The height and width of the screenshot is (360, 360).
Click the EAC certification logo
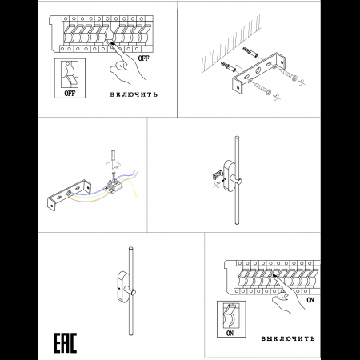(66, 343)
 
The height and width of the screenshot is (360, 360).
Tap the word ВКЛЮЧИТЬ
(134, 94)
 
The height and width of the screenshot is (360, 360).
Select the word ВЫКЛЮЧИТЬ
(288, 338)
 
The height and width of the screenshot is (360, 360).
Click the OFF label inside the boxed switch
(70, 93)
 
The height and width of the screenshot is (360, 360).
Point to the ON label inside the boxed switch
(230, 333)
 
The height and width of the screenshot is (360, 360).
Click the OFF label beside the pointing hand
(143, 58)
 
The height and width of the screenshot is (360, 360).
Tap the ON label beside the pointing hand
(310, 300)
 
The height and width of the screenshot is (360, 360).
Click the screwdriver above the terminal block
(114, 160)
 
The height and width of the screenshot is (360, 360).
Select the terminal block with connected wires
(114, 186)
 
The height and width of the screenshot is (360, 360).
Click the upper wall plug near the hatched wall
(250, 53)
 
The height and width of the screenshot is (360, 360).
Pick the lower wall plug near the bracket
(228, 67)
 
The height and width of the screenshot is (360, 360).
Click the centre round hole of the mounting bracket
(258, 70)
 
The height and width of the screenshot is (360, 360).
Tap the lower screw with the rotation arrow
(262, 89)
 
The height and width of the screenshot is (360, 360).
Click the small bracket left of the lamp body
(218, 175)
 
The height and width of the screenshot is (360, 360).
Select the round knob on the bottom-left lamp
(133, 292)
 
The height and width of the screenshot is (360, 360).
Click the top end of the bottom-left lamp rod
(130, 248)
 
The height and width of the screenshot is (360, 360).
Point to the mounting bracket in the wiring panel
(69, 194)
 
